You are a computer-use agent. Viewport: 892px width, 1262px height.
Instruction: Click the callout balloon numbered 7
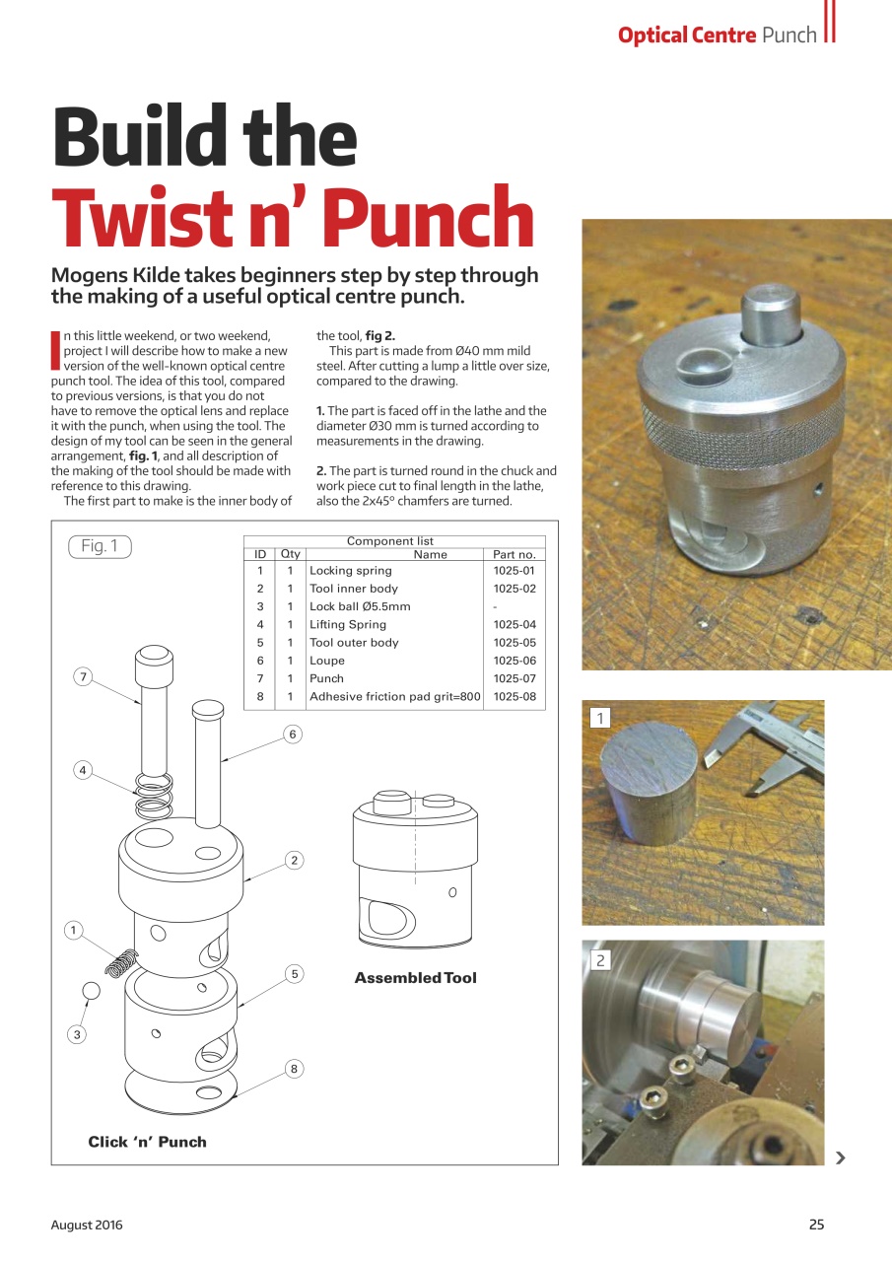[x=84, y=676]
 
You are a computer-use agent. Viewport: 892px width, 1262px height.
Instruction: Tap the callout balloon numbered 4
[x=84, y=769]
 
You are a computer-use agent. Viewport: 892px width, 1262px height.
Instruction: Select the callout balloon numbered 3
[x=77, y=1034]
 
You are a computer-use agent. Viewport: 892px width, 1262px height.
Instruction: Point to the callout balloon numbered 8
[x=294, y=1069]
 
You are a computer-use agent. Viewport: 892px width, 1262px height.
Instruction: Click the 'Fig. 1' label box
[x=100, y=546]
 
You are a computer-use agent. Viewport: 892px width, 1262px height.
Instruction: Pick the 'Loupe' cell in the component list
[x=327, y=661]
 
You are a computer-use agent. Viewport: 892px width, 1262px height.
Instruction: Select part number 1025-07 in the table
[x=514, y=678]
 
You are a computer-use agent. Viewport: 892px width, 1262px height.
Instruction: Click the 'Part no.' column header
[x=514, y=554]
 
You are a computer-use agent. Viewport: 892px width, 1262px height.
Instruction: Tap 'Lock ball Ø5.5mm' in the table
[x=360, y=606]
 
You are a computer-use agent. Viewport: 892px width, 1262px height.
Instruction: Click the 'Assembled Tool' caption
[x=415, y=978]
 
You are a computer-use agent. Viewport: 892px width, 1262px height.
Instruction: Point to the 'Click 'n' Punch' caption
[x=148, y=1142]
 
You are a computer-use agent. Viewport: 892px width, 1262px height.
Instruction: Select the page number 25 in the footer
[x=816, y=1225]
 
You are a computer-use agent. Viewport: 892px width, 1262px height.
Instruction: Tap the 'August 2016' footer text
[x=87, y=1225]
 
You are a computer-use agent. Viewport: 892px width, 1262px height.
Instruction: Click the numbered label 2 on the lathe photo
[x=599, y=959]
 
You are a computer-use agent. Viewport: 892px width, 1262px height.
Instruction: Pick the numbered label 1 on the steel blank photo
[x=599, y=718]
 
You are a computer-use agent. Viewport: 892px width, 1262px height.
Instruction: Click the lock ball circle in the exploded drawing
[x=91, y=990]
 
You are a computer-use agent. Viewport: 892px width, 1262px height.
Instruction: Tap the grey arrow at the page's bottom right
[x=840, y=1157]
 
